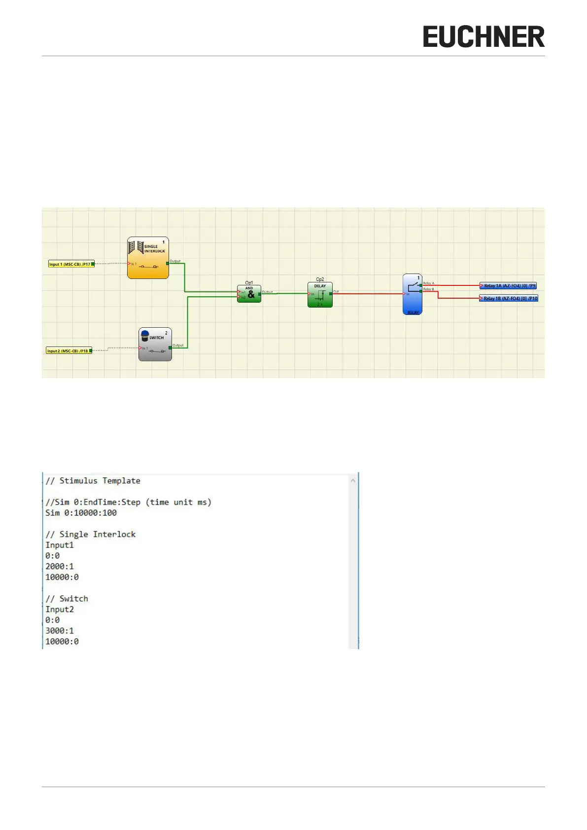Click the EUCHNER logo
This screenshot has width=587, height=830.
tap(483, 37)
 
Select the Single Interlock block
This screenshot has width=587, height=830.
tap(148, 258)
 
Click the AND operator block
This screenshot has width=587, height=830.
tap(249, 294)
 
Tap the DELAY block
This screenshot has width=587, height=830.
tap(320, 295)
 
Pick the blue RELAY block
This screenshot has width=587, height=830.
tap(412, 295)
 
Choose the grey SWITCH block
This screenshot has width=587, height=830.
tap(155, 345)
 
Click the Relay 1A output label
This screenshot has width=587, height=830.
tap(509, 286)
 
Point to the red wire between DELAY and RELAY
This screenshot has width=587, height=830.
tap(367, 294)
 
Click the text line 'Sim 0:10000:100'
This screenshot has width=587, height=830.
tap(81, 513)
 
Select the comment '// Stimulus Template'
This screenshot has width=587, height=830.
tap(93, 481)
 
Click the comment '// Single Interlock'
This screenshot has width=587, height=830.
tap(91, 535)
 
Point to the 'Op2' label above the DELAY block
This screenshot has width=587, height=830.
tap(320, 279)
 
